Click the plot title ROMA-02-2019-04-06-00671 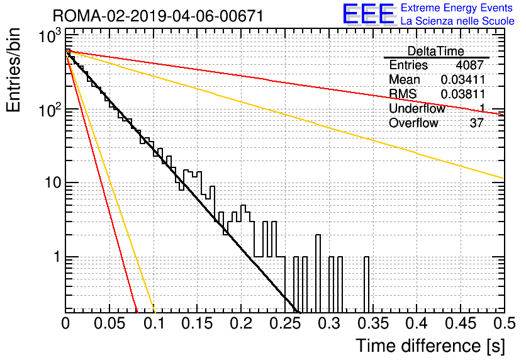click(159, 16)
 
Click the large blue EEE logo click(369, 14)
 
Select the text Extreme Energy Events click(457, 8)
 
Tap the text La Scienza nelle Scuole click(457, 21)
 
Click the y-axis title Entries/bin click(13, 70)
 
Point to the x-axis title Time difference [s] click(430, 346)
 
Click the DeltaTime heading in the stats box click(435, 51)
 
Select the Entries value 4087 click(469, 65)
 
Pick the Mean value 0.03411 click(462, 79)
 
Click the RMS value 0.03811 click(462, 94)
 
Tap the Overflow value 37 click(477, 123)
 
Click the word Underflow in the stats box click(417, 108)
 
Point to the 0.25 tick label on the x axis click(286, 323)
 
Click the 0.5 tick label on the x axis click(504, 323)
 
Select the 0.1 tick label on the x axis click(154, 323)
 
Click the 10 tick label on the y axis click(52, 183)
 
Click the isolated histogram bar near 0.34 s click(366, 284)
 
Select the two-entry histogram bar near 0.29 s click(318, 273)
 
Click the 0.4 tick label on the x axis click(417, 323)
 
